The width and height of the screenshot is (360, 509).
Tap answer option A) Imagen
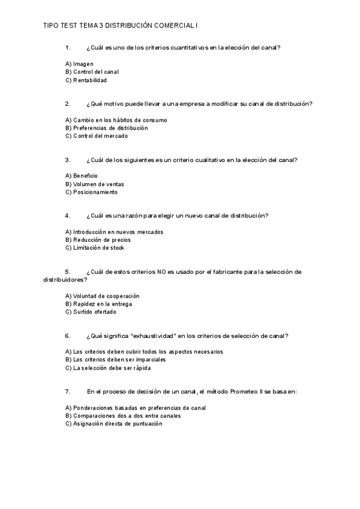tap(79, 64)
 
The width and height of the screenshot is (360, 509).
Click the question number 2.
tap(68, 103)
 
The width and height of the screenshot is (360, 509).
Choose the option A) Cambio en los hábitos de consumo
tap(116, 120)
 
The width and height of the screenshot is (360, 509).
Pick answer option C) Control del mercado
tap(96, 136)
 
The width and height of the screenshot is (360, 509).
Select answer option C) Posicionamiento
tap(91, 192)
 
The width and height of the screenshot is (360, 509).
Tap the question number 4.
tap(68, 215)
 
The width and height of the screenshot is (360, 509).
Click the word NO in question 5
tap(161, 271)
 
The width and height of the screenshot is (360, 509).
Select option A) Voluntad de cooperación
tap(102, 296)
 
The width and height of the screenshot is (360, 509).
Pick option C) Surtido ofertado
tap(91, 312)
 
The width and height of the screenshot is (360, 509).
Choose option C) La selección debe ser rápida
tap(108, 368)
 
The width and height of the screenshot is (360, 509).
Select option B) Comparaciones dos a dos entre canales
tap(123, 415)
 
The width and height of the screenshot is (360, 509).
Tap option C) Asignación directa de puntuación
tap(113, 423)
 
